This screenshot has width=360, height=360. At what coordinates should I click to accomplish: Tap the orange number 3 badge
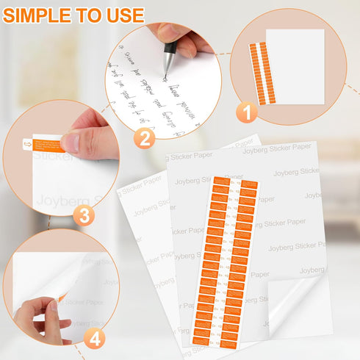(84, 216)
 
